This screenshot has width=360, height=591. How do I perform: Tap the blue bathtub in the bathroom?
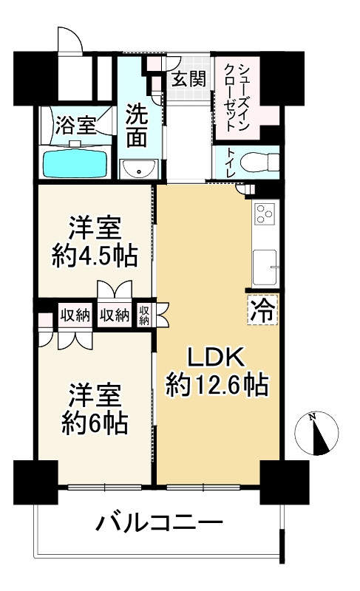point(76,163)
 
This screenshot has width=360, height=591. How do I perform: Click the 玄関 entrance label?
point(189,80)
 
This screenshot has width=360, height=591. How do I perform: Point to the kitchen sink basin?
point(264,265)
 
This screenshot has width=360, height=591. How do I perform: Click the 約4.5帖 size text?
point(94,256)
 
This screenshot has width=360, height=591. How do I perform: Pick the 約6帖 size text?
point(94,423)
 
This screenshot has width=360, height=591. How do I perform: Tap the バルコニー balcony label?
point(159,525)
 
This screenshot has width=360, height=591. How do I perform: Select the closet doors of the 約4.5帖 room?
point(114,290)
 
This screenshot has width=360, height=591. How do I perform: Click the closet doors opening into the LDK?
point(162,315)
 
